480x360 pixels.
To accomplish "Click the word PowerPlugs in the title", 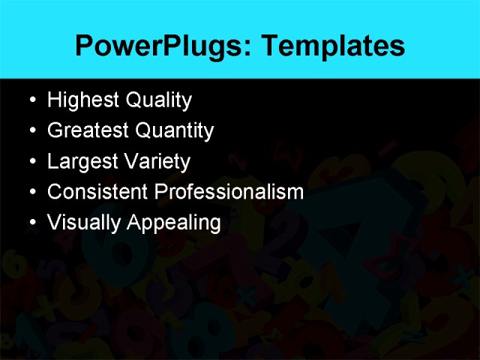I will click(153, 46).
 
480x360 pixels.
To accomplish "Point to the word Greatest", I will click(88, 130).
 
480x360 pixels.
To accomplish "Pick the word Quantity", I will click(175, 130).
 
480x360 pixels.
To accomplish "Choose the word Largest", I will click(82, 161).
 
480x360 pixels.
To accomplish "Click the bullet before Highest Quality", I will click(30, 100).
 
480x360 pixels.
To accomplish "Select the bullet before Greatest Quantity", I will click(30, 130).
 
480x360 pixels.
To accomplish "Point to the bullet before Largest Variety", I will click(30, 161).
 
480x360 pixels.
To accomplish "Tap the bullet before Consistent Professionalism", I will click(30, 192).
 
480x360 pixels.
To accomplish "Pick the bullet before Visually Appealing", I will click(30, 223).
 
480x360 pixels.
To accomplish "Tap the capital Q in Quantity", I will click(143, 130).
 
